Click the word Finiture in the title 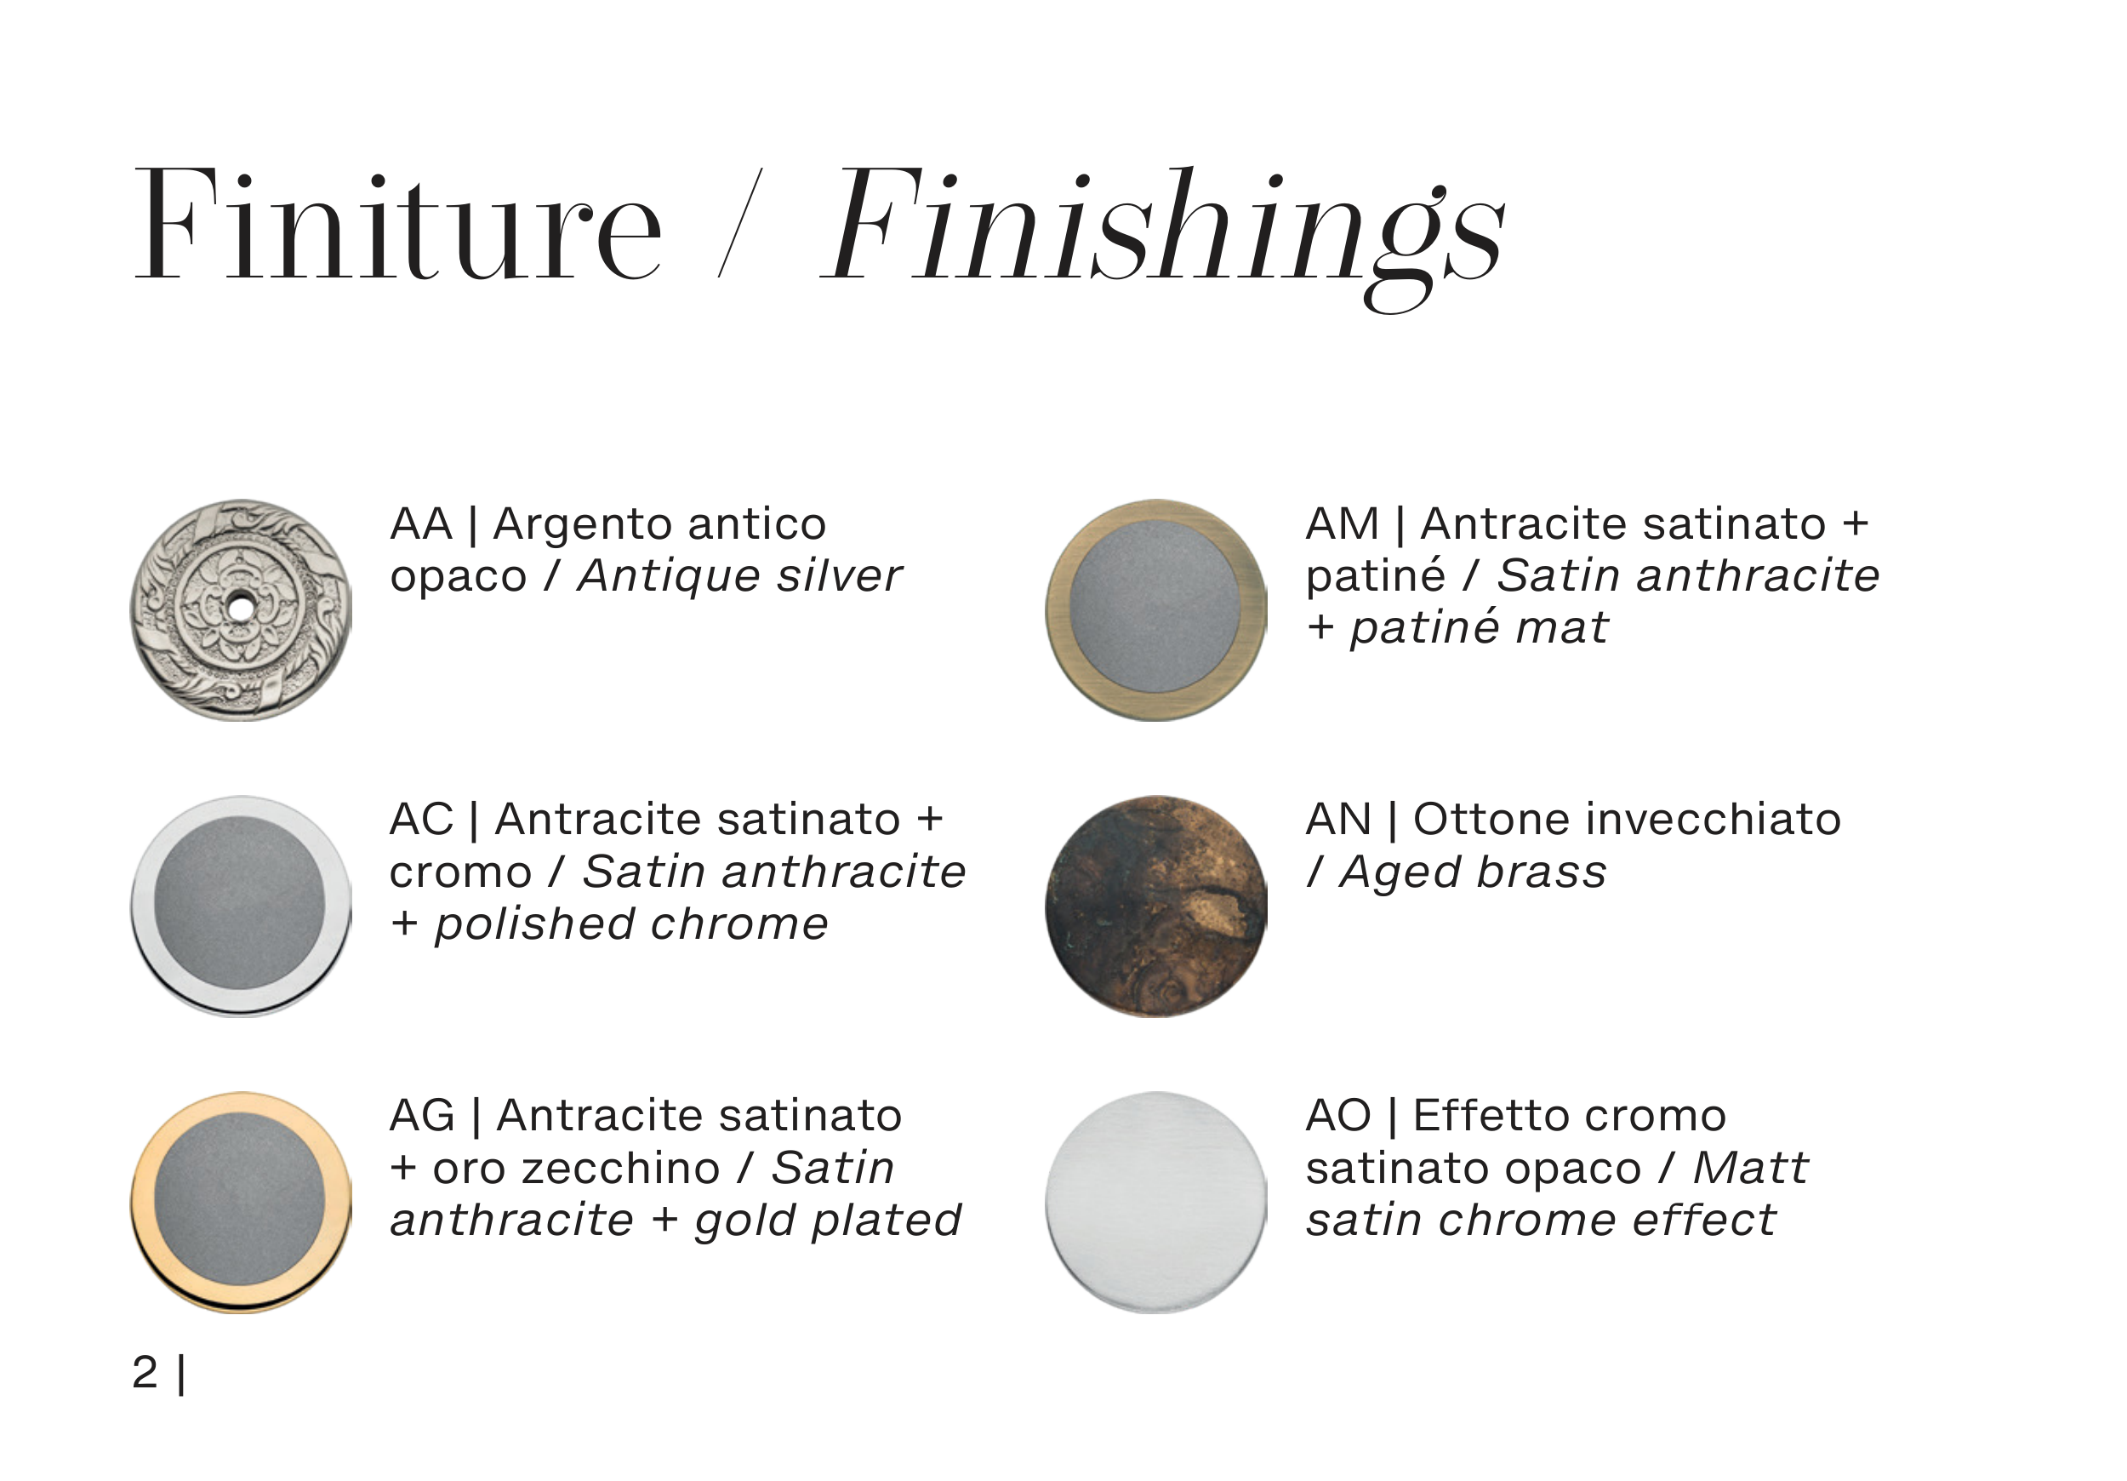399,222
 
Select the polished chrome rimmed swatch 241,906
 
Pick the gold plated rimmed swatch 241,1202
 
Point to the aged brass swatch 1156,906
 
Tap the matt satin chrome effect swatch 1156,1202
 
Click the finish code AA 421,524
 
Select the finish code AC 421,821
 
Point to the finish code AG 423,1116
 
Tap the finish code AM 1343,524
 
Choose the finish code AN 1338,821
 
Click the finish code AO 1338,1116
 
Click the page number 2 145,1373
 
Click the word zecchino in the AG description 622,1169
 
